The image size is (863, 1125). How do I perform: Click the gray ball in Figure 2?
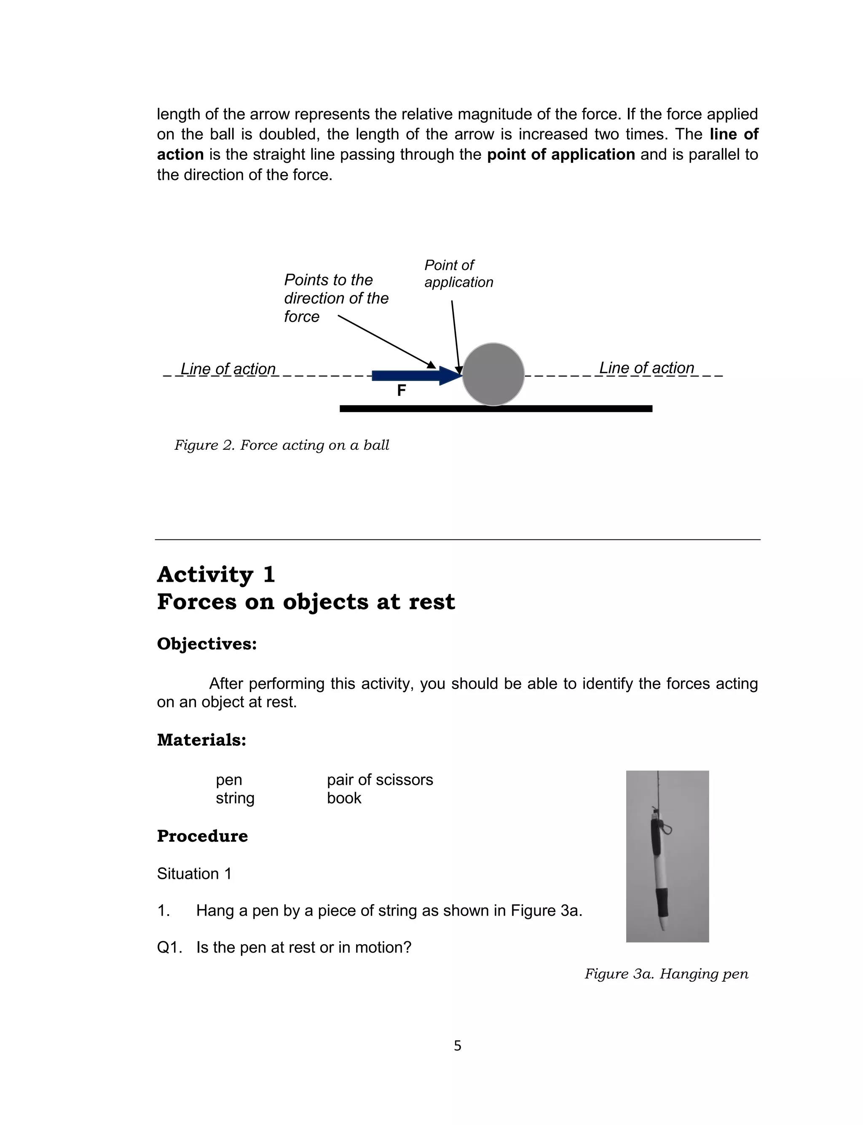[x=493, y=374]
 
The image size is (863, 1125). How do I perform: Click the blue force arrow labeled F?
[x=411, y=376]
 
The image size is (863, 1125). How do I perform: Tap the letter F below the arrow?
[x=401, y=391]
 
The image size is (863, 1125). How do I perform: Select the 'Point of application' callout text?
[x=458, y=274]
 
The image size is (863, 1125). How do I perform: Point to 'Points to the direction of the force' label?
[x=335, y=298]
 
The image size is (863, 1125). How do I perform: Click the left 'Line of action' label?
[x=228, y=369]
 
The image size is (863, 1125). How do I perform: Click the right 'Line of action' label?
[x=646, y=368]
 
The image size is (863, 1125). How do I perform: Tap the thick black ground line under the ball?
[x=496, y=409]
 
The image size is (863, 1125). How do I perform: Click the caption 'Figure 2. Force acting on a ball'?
[x=281, y=445]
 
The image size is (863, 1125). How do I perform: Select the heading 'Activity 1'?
[x=216, y=575]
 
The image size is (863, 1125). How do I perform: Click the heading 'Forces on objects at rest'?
[x=306, y=601]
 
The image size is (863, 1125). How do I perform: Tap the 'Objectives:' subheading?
[x=206, y=644]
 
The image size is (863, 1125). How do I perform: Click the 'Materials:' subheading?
[x=201, y=740]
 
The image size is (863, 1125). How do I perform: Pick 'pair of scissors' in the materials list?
[x=380, y=780]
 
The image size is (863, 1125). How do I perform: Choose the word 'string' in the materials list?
[x=235, y=798]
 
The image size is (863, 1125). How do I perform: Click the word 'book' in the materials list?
[x=344, y=798]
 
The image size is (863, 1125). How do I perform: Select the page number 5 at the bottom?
[x=457, y=1046]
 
